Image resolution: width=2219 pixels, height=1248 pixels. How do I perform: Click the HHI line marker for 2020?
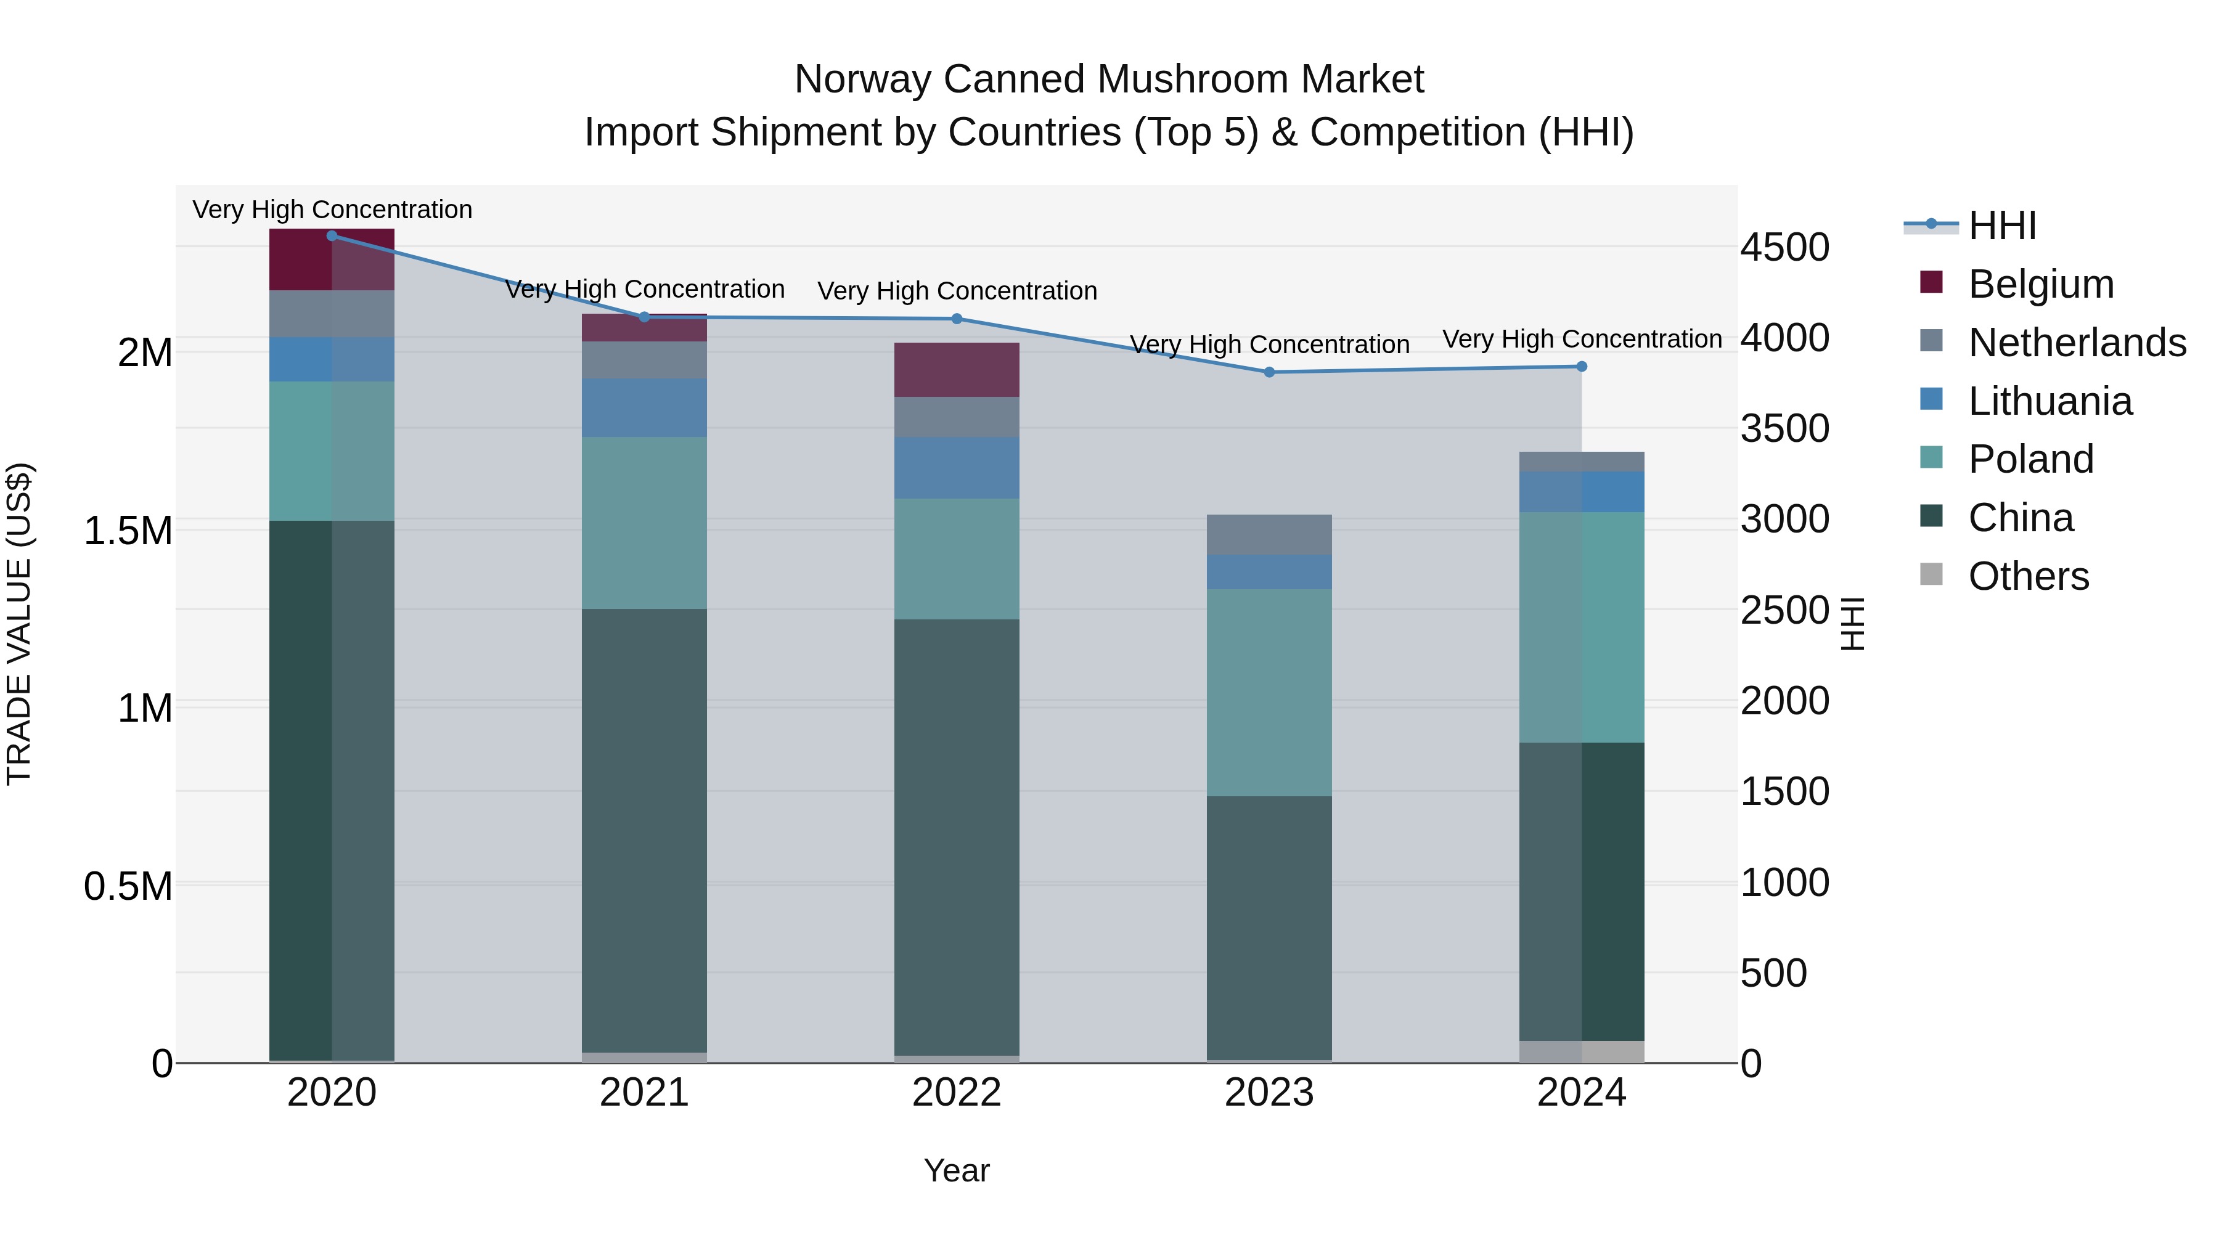[332, 236]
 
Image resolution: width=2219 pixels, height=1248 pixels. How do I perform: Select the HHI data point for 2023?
[1269, 372]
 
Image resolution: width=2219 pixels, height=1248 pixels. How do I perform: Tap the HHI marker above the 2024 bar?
[1582, 367]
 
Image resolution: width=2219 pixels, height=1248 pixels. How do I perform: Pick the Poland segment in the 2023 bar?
[1269, 693]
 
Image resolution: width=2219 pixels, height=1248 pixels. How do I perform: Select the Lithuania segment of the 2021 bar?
[644, 407]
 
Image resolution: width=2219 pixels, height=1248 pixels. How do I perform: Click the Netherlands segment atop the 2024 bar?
[1582, 462]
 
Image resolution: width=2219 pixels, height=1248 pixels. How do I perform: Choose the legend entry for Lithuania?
[2050, 401]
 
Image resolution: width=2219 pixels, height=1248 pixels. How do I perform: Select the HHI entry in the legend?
[2002, 226]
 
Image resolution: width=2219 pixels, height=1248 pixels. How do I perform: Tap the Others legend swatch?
[1931, 574]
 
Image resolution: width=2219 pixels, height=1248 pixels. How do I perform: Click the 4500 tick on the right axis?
[1784, 248]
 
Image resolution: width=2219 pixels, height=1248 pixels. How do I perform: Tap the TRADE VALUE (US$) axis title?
[19, 624]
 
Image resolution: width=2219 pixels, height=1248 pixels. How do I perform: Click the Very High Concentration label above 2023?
[1269, 345]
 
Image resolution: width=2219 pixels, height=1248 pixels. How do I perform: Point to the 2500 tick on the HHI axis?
[1784, 611]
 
